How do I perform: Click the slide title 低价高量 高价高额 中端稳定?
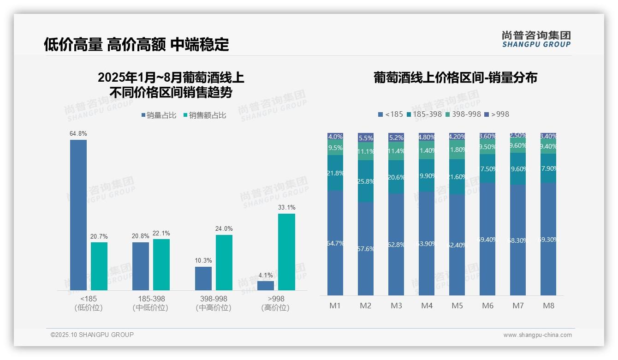(136, 44)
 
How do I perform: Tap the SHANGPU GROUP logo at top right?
(536, 39)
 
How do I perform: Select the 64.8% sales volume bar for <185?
(78, 215)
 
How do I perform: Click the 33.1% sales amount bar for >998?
(286, 252)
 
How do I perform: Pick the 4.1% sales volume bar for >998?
(266, 285)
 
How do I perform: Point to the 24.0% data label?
(224, 228)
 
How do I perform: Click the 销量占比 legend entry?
(159, 115)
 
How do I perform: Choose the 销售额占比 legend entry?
(205, 115)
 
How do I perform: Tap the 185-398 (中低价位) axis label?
(151, 303)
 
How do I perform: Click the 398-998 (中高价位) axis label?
(214, 303)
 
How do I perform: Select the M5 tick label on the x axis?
(457, 306)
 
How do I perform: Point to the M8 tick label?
(548, 306)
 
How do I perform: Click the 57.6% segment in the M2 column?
(366, 249)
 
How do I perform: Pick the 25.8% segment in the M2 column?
(366, 181)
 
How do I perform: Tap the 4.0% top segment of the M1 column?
(335, 137)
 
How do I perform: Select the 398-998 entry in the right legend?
(463, 114)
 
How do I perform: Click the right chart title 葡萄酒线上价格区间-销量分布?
(455, 78)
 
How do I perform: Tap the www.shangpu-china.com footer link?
(537, 335)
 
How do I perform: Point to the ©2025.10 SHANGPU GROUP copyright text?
(92, 335)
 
